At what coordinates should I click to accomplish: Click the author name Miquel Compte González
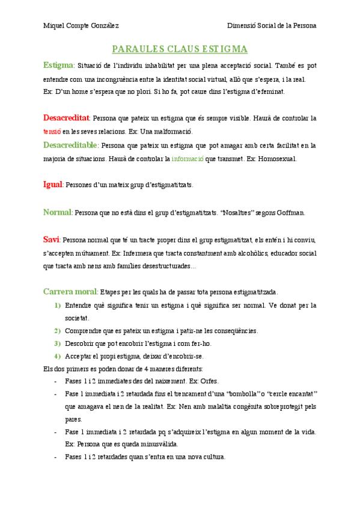tap(81, 26)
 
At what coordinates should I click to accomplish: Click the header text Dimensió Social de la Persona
tap(272, 26)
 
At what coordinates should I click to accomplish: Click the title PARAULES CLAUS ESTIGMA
tap(180, 49)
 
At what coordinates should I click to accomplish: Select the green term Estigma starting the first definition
tap(58, 65)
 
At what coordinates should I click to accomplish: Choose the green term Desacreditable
tap(71, 145)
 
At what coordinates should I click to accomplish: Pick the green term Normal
tap(58, 212)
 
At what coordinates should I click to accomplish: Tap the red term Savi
tap(51, 239)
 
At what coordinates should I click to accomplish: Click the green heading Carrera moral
tap(70, 292)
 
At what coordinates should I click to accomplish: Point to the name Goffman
tap(291, 213)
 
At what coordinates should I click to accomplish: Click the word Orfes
tap(210, 381)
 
